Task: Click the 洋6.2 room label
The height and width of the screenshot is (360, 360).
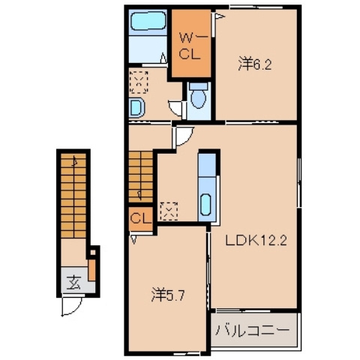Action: pyautogui.click(x=254, y=64)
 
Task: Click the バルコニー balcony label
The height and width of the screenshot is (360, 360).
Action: pyautogui.click(x=253, y=330)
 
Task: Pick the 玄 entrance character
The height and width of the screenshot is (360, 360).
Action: pyautogui.click(x=73, y=283)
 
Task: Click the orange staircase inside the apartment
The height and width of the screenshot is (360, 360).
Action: pyautogui.click(x=140, y=175)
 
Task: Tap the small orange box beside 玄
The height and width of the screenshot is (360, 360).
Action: pyautogui.click(x=92, y=267)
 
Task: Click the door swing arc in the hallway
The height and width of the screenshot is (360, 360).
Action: pyautogui.click(x=183, y=136)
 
